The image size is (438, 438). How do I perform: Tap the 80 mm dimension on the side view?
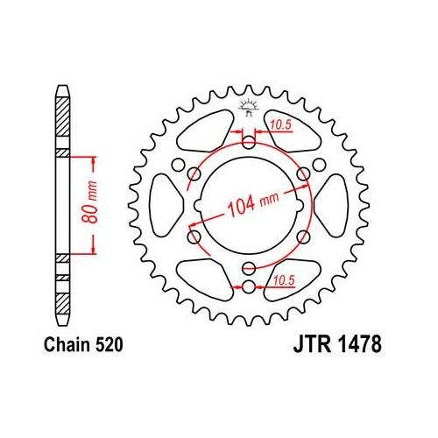[88, 205]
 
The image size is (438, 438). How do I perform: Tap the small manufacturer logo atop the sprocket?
[248, 109]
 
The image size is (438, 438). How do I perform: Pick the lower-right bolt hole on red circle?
[304, 235]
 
